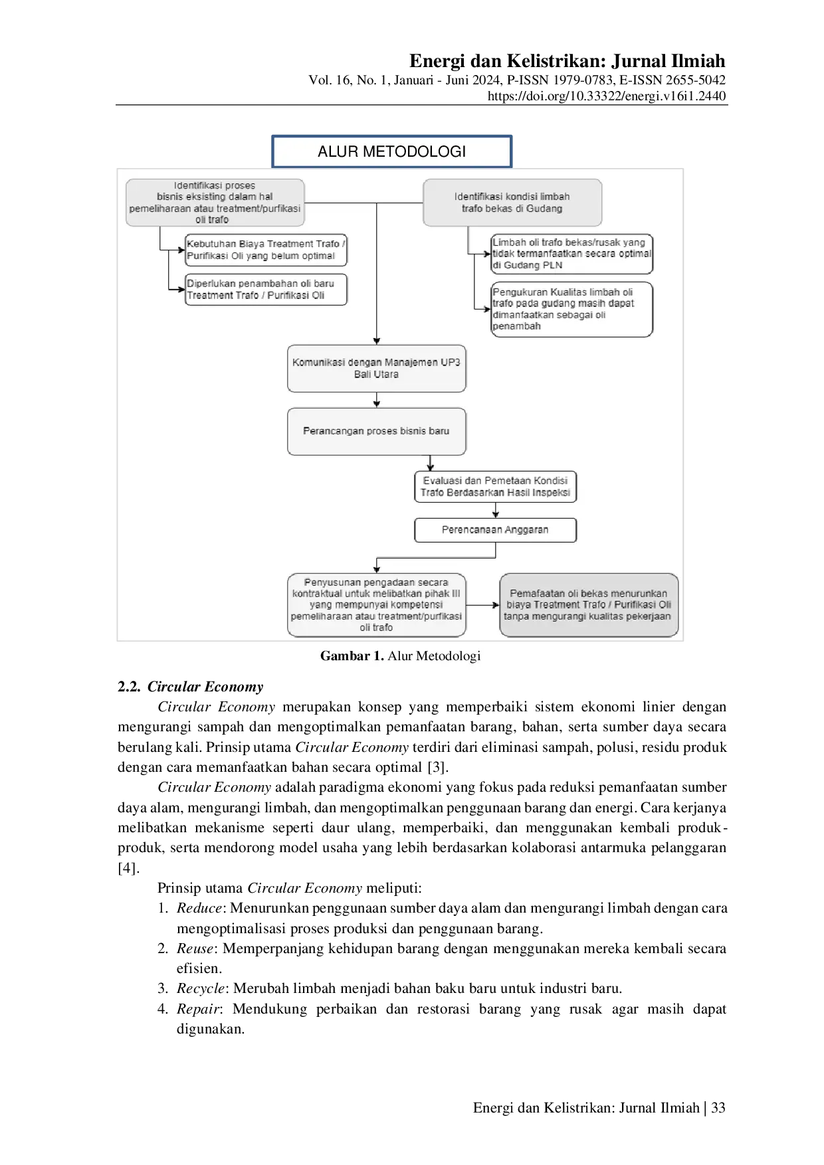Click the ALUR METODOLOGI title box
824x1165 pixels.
pyautogui.click(x=392, y=151)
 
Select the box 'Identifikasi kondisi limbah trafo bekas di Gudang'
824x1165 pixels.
pyautogui.click(x=512, y=203)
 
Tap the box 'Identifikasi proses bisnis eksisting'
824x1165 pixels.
pyautogui.click(x=215, y=203)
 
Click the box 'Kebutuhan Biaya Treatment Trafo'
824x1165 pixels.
pyautogui.click(x=266, y=250)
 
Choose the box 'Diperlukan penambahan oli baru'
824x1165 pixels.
pyautogui.click(x=266, y=290)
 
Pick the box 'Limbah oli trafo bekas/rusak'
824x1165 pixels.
pyautogui.click(x=571, y=254)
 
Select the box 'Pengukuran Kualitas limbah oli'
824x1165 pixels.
pyautogui.click(x=571, y=309)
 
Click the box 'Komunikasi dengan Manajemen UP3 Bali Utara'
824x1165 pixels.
pyautogui.click(x=376, y=369)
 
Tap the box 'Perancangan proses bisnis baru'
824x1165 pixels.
pyautogui.click(x=376, y=431)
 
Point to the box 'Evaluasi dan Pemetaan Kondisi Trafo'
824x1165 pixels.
pyautogui.click(x=495, y=486)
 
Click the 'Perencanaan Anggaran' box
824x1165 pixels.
pyautogui.click(x=495, y=530)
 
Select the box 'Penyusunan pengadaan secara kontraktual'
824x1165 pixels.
pyautogui.click(x=376, y=604)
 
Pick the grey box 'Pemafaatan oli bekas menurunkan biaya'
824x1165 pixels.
pyautogui.click(x=588, y=604)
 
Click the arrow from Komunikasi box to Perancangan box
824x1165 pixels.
pyautogui.click(x=377, y=400)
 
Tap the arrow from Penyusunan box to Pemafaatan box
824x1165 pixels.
pyautogui.click(x=482, y=605)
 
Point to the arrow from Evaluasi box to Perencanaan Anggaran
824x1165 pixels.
pyautogui.click(x=496, y=510)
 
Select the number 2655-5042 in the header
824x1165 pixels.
pyautogui.click(x=694, y=80)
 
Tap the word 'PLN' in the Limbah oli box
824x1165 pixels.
pyautogui.click(x=552, y=265)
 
